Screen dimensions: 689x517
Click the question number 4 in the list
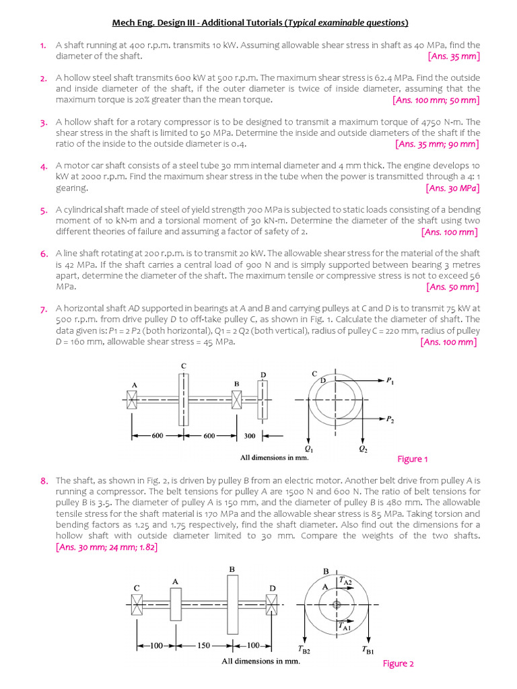click(42, 166)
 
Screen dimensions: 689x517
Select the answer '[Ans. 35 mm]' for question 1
click(454, 57)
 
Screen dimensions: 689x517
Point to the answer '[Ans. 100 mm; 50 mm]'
click(436, 100)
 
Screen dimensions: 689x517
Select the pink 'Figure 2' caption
click(398, 663)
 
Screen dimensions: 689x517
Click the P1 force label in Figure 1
click(390, 381)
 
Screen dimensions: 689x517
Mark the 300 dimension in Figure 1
click(250, 436)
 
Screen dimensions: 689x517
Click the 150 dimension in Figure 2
click(204, 645)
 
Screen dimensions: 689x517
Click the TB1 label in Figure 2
click(368, 651)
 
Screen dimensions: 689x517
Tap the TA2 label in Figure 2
click(345, 579)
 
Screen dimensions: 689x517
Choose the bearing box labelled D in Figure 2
click(272, 604)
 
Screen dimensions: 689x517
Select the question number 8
click(43, 480)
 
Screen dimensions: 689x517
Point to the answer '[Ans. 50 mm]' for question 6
click(452, 287)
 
